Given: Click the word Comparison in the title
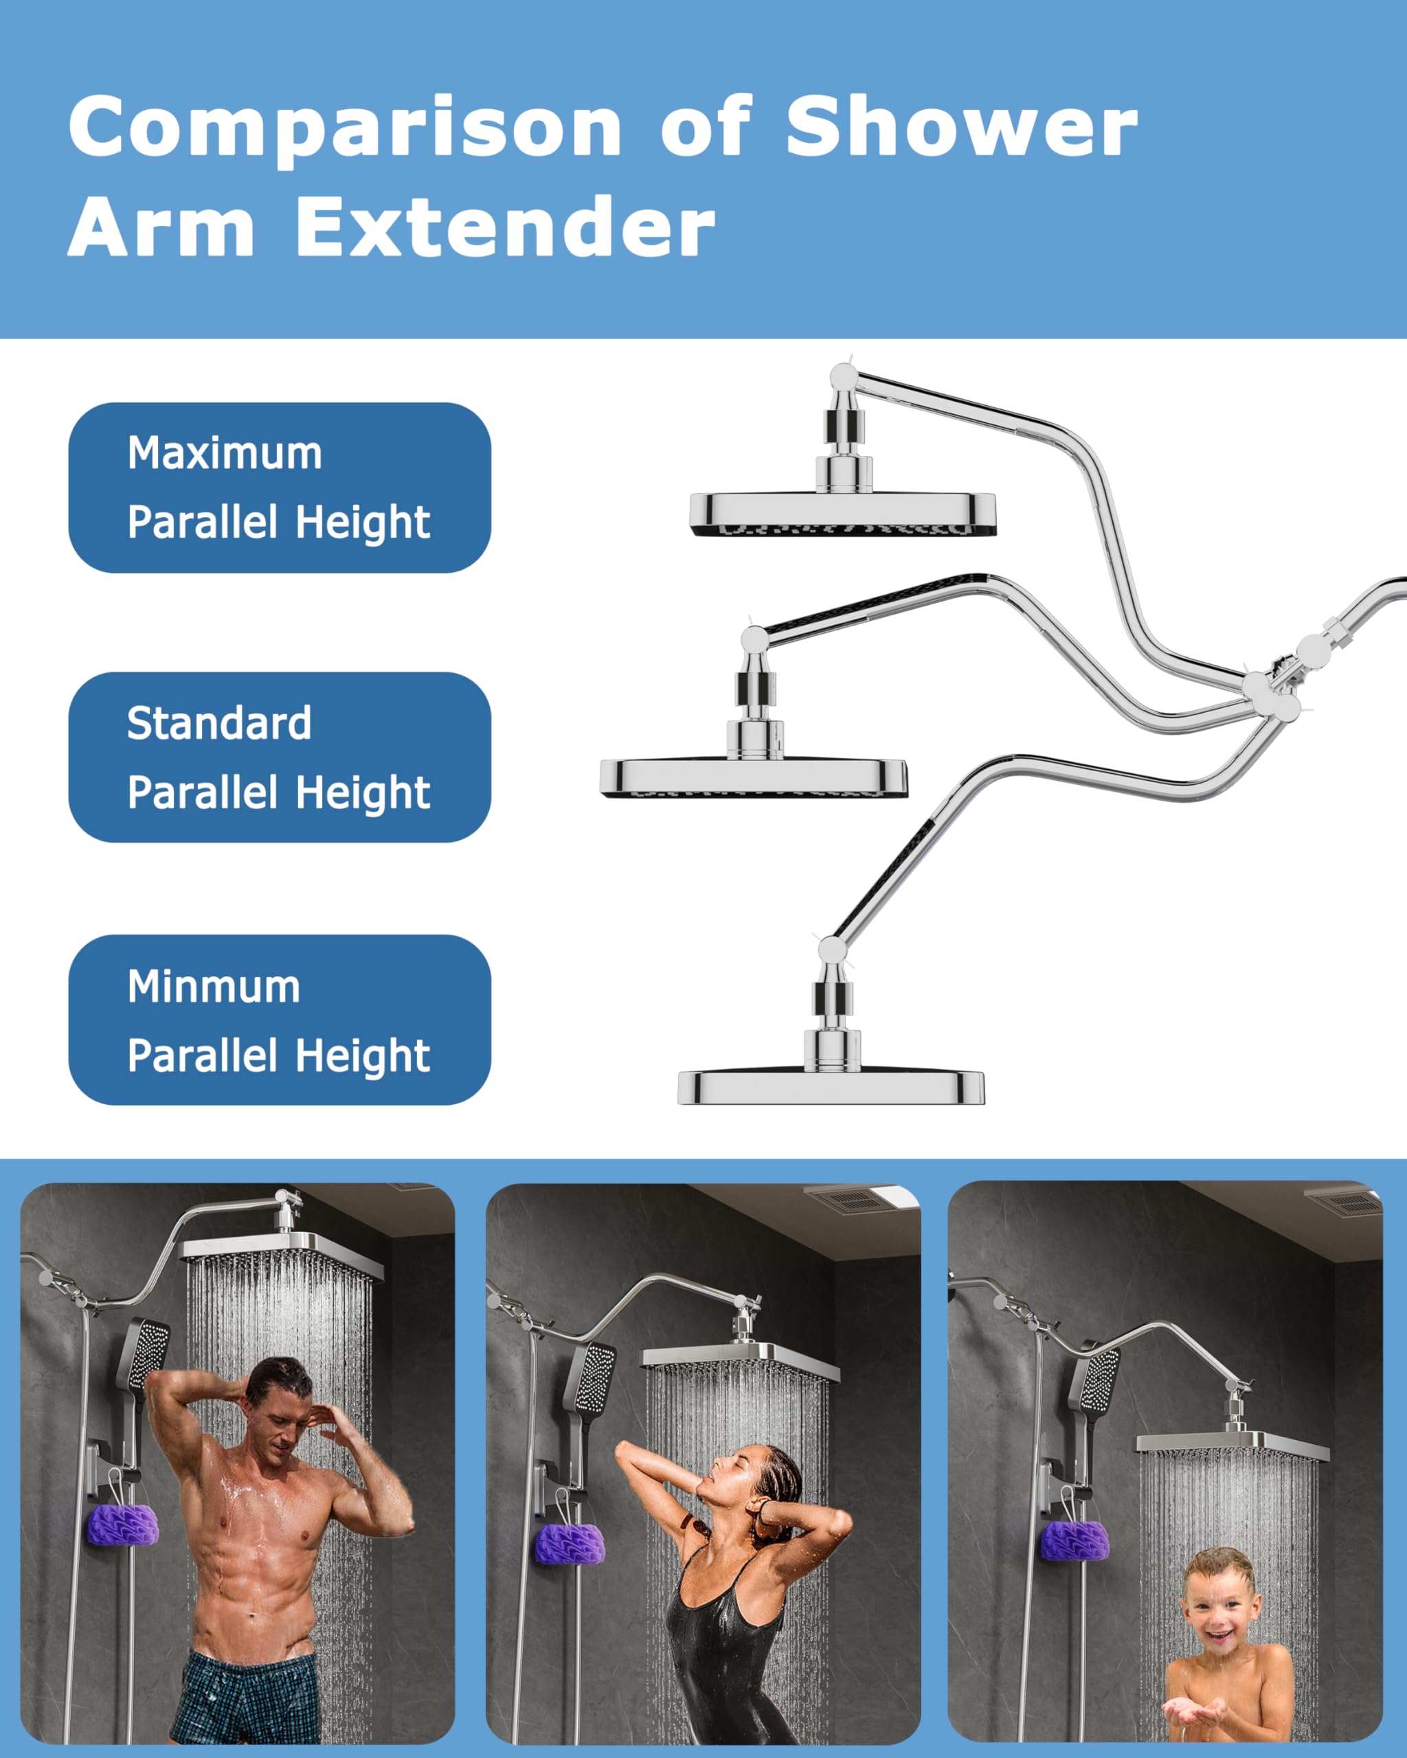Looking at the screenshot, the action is (346, 127).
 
